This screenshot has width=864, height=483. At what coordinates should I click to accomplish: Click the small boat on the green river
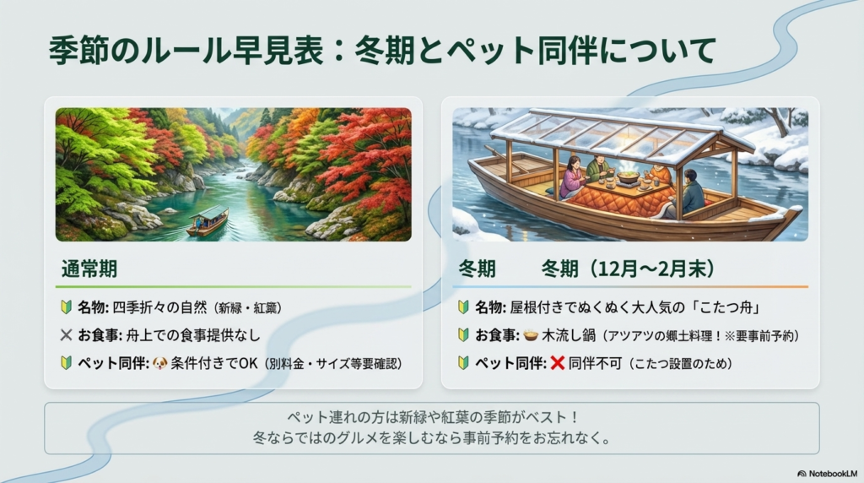pyautogui.click(x=208, y=220)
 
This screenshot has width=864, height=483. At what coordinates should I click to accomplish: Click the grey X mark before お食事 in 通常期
pyautogui.click(x=67, y=335)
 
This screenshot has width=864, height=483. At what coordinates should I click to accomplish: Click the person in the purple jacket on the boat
pyautogui.click(x=575, y=177)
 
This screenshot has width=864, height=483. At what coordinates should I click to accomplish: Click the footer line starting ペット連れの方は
pyautogui.click(x=431, y=419)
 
